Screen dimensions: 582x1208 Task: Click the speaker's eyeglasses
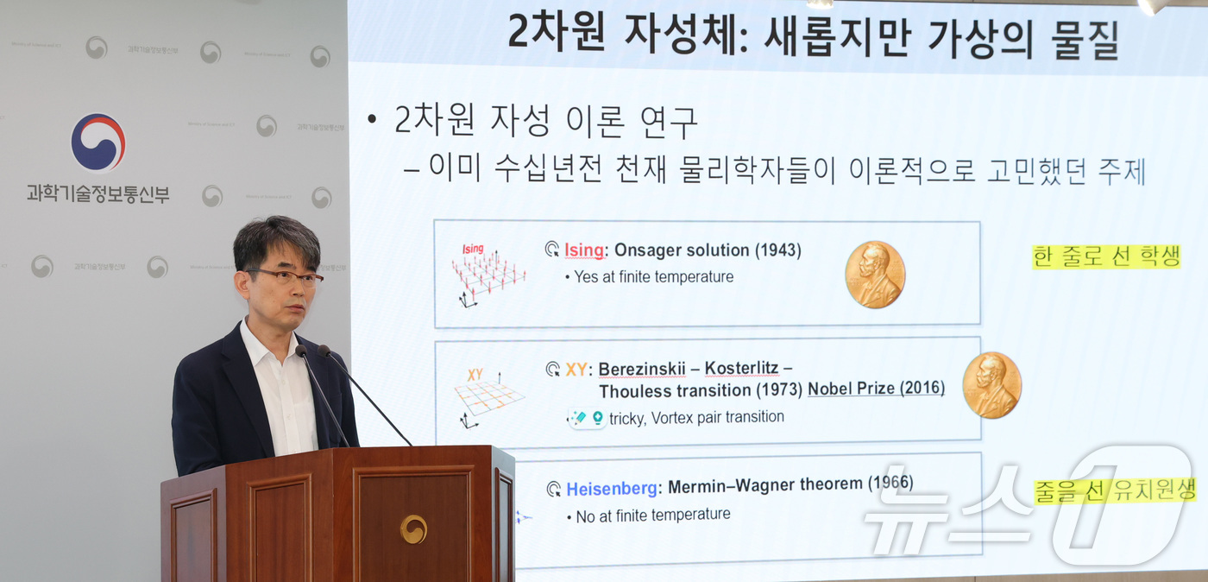click(x=285, y=277)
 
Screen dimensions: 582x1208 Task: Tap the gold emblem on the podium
click(x=413, y=528)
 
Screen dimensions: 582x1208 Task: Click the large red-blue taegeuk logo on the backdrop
click(x=98, y=142)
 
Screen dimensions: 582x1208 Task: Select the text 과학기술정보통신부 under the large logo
click(x=98, y=193)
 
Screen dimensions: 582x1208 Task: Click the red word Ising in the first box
click(x=584, y=250)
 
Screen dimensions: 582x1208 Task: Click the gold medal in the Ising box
click(x=874, y=275)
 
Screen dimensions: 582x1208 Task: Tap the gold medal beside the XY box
click(x=991, y=385)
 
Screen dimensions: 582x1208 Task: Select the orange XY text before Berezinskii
click(x=576, y=370)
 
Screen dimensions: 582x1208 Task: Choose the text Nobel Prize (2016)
click(x=876, y=389)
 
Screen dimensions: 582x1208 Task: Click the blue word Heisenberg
click(x=611, y=489)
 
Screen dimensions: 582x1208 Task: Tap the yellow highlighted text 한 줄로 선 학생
click(x=1105, y=256)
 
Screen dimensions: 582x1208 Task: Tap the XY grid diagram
click(x=488, y=396)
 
